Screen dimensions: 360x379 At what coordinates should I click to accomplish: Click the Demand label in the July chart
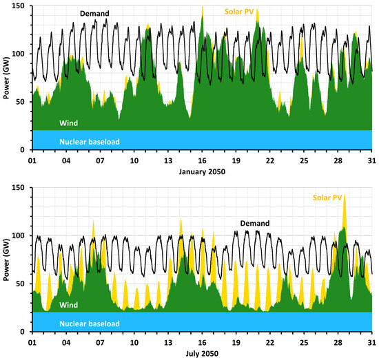click(x=254, y=223)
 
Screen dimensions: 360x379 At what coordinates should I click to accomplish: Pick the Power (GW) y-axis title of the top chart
click(x=7, y=78)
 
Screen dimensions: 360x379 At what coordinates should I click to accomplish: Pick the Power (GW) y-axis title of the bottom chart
click(x=7, y=260)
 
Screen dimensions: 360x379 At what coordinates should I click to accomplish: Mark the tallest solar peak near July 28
click(x=344, y=197)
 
